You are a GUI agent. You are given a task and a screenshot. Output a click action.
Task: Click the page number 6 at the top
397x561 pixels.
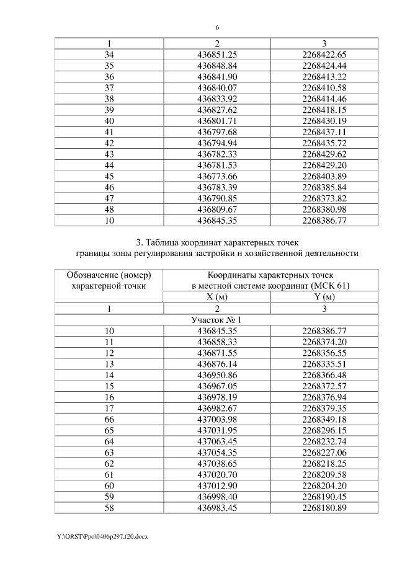click(218, 28)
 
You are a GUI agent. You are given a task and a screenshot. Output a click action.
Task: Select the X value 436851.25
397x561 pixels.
click(217, 55)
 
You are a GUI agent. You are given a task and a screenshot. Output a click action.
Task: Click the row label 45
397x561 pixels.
click(109, 176)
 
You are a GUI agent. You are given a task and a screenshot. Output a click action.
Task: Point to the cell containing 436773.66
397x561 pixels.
click(217, 176)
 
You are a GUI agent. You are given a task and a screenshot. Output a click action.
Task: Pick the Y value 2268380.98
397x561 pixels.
click(325, 209)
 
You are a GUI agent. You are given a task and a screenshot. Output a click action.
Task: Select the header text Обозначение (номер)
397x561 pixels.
click(109, 275)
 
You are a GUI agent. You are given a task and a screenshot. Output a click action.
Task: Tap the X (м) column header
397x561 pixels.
click(217, 297)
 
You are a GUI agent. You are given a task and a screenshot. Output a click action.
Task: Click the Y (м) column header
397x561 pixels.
click(325, 297)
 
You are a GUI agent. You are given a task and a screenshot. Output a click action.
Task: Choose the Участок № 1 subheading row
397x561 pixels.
click(217, 319)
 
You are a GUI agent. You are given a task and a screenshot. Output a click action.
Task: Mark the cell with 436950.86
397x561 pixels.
click(217, 375)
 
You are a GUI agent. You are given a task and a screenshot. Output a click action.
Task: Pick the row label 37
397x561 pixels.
click(109, 87)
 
